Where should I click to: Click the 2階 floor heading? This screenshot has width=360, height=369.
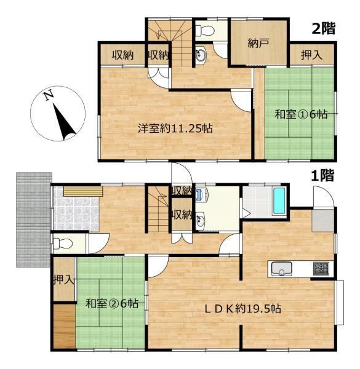tap(323, 29)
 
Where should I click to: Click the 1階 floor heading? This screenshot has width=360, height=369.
tap(322, 175)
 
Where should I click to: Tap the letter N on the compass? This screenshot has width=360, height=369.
tap(49, 96)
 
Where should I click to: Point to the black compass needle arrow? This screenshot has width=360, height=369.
tap(63, 121)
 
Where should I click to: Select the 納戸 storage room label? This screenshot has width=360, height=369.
tap(258, 44)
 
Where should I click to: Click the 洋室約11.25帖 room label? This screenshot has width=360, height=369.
tap(175, 129)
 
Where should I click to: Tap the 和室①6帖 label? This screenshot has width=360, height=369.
tap(301, 114)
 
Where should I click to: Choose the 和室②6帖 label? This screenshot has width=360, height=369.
tap(112, 304)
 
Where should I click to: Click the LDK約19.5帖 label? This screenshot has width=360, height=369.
tap(242, 309)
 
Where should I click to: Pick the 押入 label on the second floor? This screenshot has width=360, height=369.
tap(311, 55)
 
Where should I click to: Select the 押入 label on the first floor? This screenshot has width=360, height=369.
tap(63, 280)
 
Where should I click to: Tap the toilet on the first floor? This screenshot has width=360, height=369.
tap(63, 244)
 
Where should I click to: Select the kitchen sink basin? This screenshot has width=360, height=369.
tap(282, 269)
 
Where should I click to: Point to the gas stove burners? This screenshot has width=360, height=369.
tap(321, 269)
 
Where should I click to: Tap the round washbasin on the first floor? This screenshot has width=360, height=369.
tap(201, 220)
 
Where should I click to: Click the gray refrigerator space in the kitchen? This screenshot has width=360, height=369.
tap(323, 221)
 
